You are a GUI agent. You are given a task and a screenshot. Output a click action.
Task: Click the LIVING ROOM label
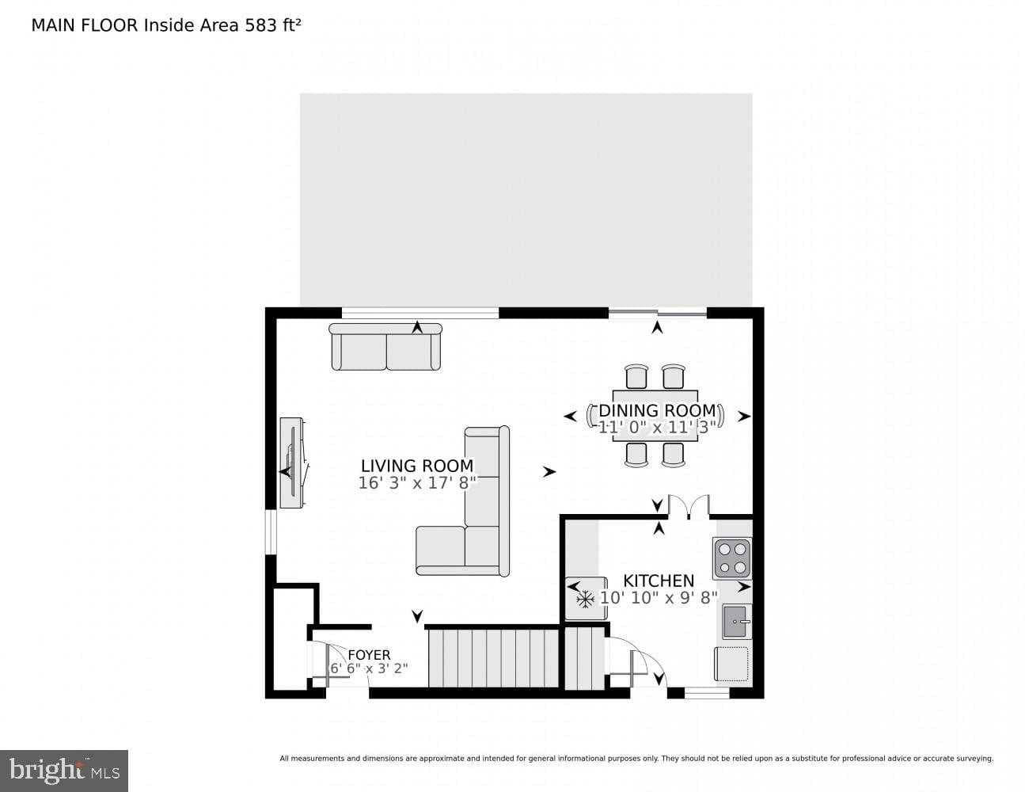coord(417,466)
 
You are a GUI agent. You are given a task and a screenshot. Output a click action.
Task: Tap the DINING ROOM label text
coord(657,410)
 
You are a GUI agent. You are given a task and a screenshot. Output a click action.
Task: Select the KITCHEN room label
coord(659,581)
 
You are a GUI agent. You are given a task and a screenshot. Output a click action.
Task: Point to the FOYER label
coord(369,655)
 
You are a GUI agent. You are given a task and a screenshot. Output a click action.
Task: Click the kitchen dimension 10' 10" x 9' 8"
coord(659,598)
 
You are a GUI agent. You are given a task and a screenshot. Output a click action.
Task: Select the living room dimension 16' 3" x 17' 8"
coord(417,483)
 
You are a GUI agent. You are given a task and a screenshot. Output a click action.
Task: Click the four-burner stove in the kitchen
coord(732,558)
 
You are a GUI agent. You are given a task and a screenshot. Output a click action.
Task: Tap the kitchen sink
coord(736,621)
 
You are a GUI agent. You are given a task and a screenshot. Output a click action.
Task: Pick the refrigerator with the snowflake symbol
coord(586,599)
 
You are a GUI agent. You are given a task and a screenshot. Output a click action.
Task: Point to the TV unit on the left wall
coord(292,463)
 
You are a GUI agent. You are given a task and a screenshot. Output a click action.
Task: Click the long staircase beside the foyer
coord(494,657)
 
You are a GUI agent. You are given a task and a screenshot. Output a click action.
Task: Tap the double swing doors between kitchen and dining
coord(688,507)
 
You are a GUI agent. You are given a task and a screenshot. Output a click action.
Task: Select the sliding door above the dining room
coord(657,314)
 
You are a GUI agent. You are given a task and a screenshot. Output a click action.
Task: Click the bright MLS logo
coord(64,770)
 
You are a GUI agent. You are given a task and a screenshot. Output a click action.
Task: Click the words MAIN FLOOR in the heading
coord(85,25)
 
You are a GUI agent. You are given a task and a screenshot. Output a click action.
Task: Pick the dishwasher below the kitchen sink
coord(731,663)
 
